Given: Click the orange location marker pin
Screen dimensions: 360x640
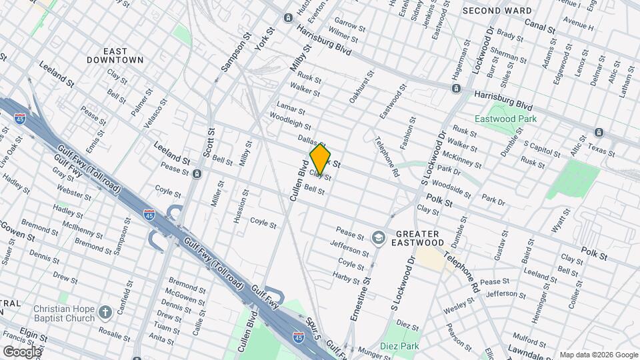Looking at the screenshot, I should [x=320, y=159].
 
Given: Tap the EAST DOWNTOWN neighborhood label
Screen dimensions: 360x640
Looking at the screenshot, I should [x=115, y=55].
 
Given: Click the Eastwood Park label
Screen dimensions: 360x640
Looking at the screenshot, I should [x=505, y=119].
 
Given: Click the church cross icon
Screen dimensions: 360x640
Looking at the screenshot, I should [x=105, y=312].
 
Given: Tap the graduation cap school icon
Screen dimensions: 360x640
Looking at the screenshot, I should [x=378, y=237].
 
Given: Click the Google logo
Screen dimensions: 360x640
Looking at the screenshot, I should [x=22, y=351].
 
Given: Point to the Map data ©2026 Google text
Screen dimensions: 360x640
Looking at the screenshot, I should [x=598, y=354].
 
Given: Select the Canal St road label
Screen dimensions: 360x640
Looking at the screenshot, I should [x=539, y=30].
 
